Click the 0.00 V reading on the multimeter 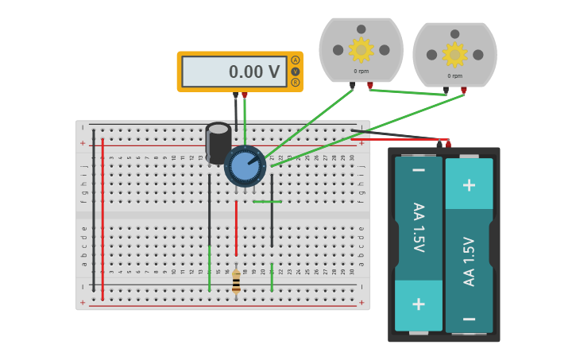253,72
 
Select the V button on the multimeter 296,72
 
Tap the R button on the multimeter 296,83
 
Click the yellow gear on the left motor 361,49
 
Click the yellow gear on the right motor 454,54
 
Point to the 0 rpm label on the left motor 361,72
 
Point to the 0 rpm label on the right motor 454,76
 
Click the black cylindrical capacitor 218,143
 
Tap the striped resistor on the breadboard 236,281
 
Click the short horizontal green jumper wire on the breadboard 267,202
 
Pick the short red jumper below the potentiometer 236,226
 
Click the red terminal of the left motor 370,86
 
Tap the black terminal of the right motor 446,91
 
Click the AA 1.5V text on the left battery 418,226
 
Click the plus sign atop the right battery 469,184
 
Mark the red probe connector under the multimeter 245,95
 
